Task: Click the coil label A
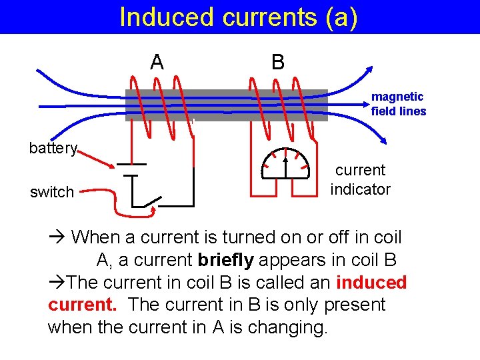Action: [x=157, y=62]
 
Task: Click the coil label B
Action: [x=278, y=62]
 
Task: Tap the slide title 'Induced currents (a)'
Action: [x=239, y=17]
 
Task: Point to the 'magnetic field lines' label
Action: [x=398, y=104]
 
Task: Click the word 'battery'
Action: [x=53, y=148]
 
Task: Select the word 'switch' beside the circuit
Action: [x=52, y=193]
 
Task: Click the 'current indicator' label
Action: [x=360, y=180]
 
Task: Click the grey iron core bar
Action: [x=227, y=105]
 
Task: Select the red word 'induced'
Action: [x=371, y=283]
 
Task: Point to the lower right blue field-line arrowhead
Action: [x=383, y=139]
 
